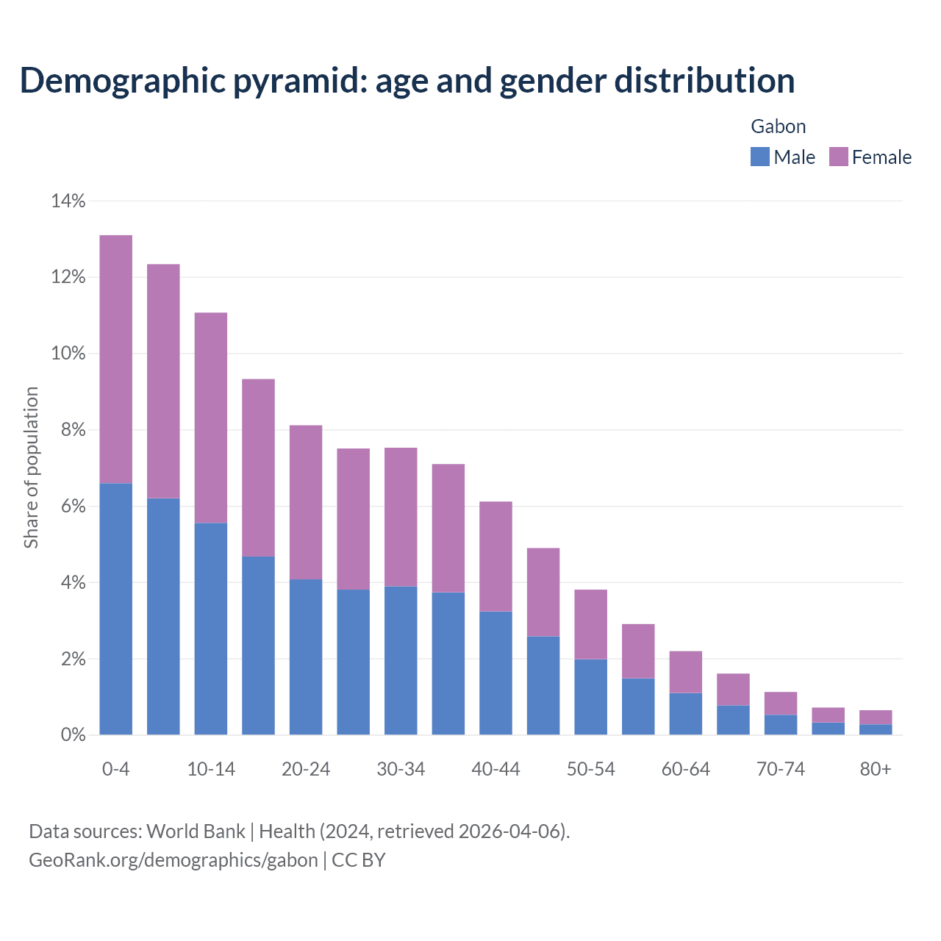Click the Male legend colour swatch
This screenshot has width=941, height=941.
(x=759, y=157)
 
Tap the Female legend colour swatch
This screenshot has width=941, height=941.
(x=838, y=157)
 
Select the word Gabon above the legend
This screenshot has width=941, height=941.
(x=778, y=126)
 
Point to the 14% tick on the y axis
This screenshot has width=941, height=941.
(x=68, y=201)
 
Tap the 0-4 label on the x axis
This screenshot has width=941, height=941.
(x=116, y=769)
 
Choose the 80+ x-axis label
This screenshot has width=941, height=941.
(x=876, y=769)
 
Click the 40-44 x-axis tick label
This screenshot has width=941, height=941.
(x=495, y=769)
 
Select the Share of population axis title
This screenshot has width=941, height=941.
(x=31, y=468)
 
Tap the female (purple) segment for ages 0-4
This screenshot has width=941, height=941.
(x=116, y=359)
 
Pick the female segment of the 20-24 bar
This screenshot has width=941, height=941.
(x=306, y=502)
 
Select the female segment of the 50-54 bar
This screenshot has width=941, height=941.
(x=590, y=624)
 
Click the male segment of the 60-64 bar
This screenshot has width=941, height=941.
(x=685, y=714)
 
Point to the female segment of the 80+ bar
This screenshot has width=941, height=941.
(x=876, y=718)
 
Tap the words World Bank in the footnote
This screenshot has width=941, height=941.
(x=196, y=831)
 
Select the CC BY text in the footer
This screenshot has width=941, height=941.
(x=359, y=860)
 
